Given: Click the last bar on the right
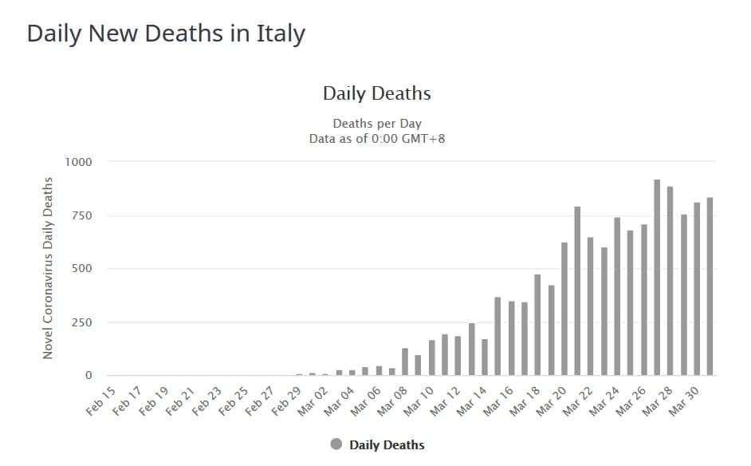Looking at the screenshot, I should click(710, 286).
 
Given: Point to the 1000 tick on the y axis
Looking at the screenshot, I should click(80, 162).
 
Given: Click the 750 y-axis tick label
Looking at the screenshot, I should click(83, 215).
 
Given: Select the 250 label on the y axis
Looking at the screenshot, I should click(83, 322).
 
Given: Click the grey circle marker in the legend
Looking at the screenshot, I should click(336, 444).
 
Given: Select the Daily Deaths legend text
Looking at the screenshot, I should click(387, 444).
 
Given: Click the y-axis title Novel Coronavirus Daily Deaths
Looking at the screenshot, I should click(49, 268).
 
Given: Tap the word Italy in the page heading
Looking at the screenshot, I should click(280, 34).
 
